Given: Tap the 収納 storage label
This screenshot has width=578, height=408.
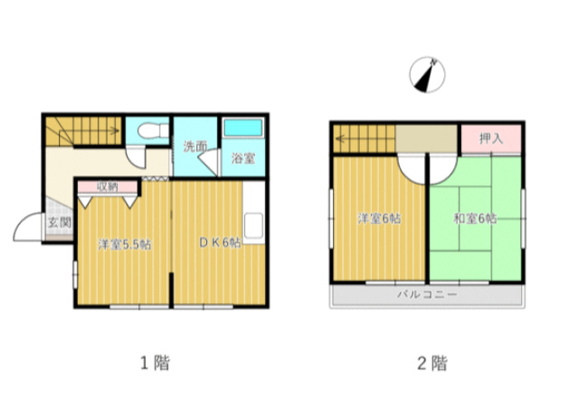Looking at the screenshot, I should pos(107,186).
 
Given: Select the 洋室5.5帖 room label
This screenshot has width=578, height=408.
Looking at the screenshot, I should pos(124,243).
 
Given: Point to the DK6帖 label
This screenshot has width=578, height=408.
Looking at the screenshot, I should pos(220,242).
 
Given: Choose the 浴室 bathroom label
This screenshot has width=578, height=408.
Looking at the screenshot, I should pos(243,157).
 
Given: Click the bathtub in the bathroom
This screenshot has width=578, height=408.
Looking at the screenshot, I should pos(242,129).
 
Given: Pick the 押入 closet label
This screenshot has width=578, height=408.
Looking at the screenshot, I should pos(491,138).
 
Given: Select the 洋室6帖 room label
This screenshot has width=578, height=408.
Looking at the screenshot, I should pos(379,218).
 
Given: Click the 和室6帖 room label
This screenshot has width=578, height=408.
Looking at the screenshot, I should pos(475,218).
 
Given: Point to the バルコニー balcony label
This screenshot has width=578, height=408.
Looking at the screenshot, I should pos(427,295).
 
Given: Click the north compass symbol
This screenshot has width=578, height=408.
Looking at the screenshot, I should pos(425,74).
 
